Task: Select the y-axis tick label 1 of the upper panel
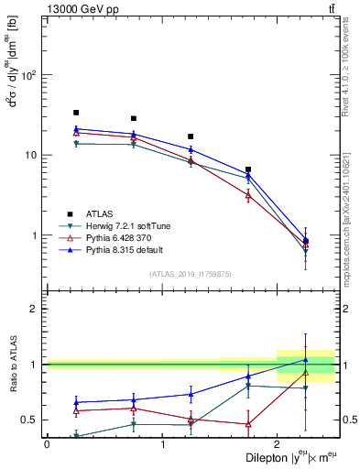(38, 235)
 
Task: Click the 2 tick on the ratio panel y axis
(36, 309)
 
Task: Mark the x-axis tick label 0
(47, 444)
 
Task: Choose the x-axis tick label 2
(277, 444)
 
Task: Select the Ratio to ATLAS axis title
(11, 387)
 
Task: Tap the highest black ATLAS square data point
(76, 113)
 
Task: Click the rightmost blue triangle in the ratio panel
(306, 360)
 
